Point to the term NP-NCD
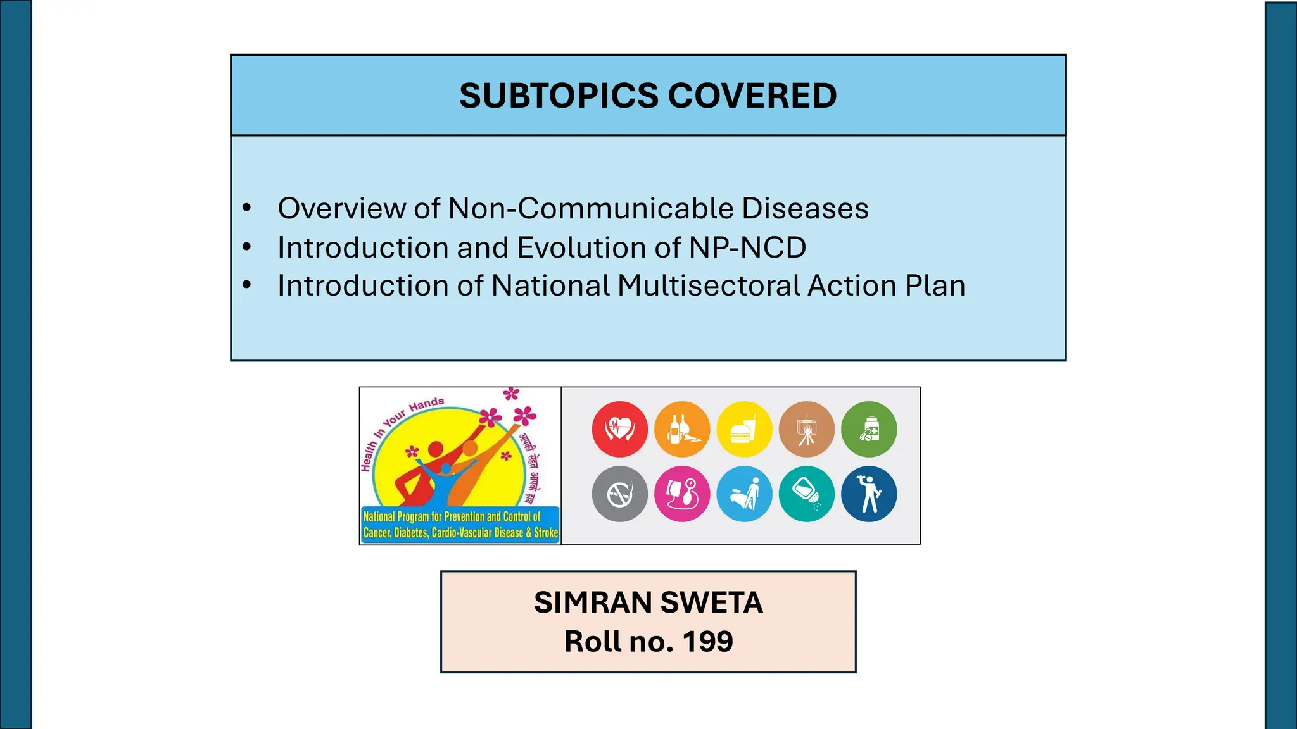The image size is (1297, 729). point(747,247)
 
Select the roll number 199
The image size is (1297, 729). point(707,642)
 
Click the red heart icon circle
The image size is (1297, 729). point(619,429)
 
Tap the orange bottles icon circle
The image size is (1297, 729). point(682,429)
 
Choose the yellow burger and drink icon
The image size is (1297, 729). point(744,429)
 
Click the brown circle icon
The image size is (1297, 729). point(806,429)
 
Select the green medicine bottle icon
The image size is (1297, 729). point(869,429)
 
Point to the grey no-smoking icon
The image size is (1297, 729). point(619,494)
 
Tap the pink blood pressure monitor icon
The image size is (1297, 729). point(682,494)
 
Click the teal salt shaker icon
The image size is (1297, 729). point(806,494)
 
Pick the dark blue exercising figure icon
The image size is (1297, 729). point(869,494)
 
